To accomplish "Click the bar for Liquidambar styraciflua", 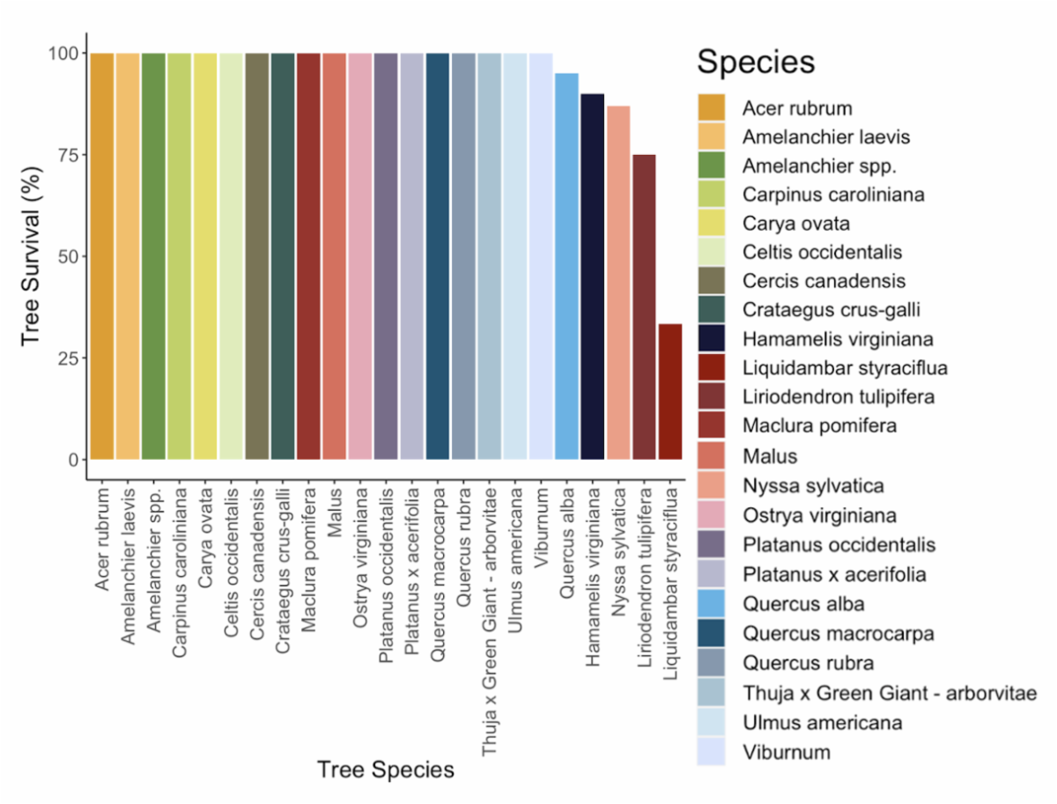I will point(670,392).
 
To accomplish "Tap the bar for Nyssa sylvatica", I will point(618,282).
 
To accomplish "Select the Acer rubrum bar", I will point(101,255).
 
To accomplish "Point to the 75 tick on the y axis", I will point(66,155).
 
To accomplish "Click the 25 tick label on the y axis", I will point(66,358).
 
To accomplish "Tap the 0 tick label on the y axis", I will point(72,460).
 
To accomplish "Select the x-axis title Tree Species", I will point(386,770).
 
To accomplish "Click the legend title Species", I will point(755,63).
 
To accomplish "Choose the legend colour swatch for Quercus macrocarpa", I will point(711,633).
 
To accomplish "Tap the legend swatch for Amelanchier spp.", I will point(711,166).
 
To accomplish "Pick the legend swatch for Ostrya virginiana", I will point(711,515).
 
